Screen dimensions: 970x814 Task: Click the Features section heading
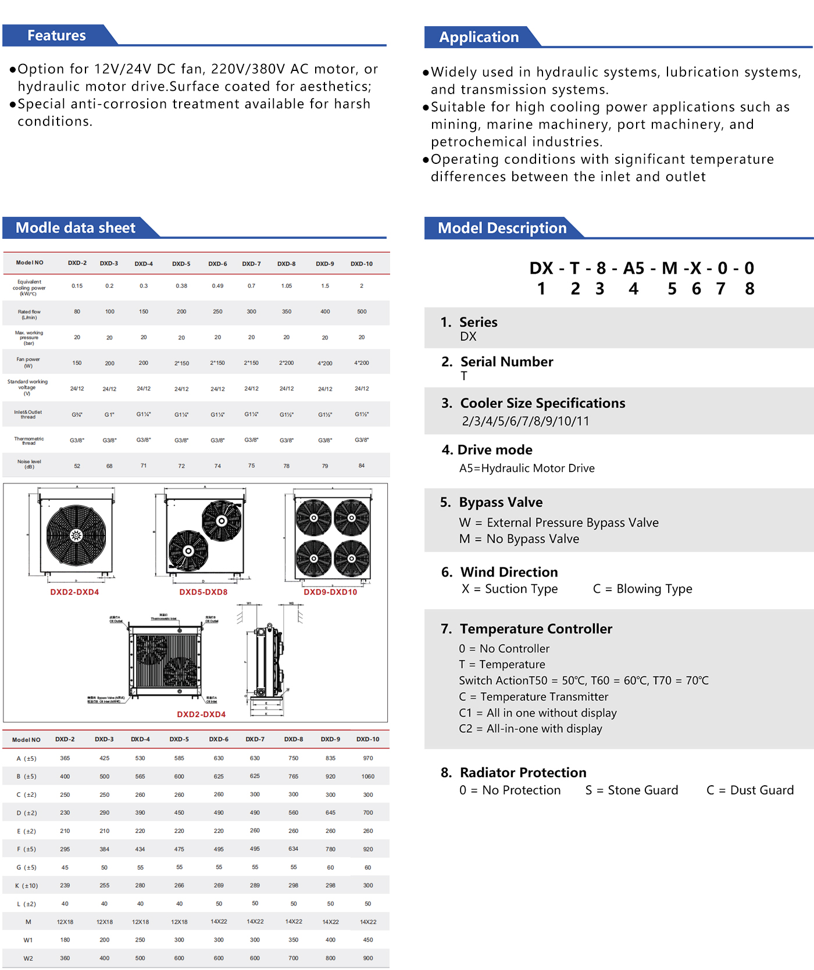click(56, 35)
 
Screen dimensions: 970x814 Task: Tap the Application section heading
click(479, 37)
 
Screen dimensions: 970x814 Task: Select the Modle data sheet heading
click(75, 228)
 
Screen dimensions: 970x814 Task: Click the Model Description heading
click(502, 228)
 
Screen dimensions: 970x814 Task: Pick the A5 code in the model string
click(634, 268)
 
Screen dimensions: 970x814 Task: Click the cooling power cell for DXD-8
click(287, 286)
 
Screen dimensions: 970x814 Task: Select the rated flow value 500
click(362, 312)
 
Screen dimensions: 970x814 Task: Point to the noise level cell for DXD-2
click(77, 466)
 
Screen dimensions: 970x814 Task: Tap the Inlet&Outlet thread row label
click(28, 414)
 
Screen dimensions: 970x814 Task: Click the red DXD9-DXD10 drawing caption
click(330, 592)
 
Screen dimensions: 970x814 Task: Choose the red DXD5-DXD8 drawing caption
click(203, 592)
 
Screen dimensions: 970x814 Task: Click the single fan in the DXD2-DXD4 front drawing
click(76, 535)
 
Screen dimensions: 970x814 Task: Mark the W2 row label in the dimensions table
click(28, 958)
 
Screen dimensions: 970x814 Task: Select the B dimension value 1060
click(368, 776)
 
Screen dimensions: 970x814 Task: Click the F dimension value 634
click(294, 849)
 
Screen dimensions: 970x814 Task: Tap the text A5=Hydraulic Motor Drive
click(527, 468)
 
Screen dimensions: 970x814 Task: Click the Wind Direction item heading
click(509, 572)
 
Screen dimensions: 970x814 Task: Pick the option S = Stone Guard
click(631, 790)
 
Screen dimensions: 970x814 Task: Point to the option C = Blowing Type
click(642, 589)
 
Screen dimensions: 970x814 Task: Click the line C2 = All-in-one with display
click(530, 729)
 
